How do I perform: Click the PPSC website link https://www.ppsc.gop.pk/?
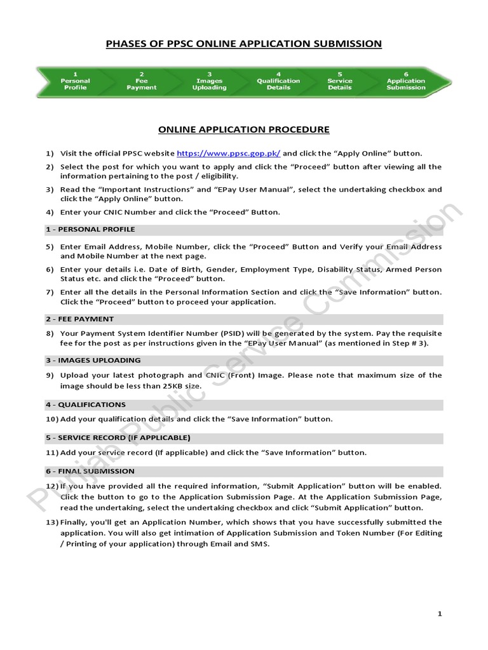(228, 153)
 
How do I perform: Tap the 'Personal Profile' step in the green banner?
(75, 81)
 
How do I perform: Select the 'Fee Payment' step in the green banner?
(141, 81)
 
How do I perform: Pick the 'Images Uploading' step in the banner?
(209, 81)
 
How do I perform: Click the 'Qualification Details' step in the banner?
(278, 81)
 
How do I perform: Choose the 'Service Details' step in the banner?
(339, 81)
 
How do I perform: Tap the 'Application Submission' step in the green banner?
(405, 81)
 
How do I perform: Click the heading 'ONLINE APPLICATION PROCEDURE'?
(244, 129)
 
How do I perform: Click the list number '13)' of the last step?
(51, 522)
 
